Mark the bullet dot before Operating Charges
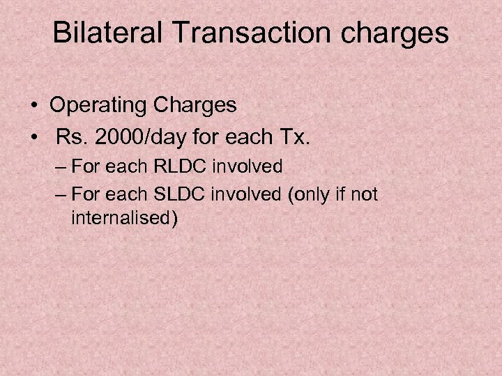[x=34, y=106]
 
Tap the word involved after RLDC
[x=248, y=166]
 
